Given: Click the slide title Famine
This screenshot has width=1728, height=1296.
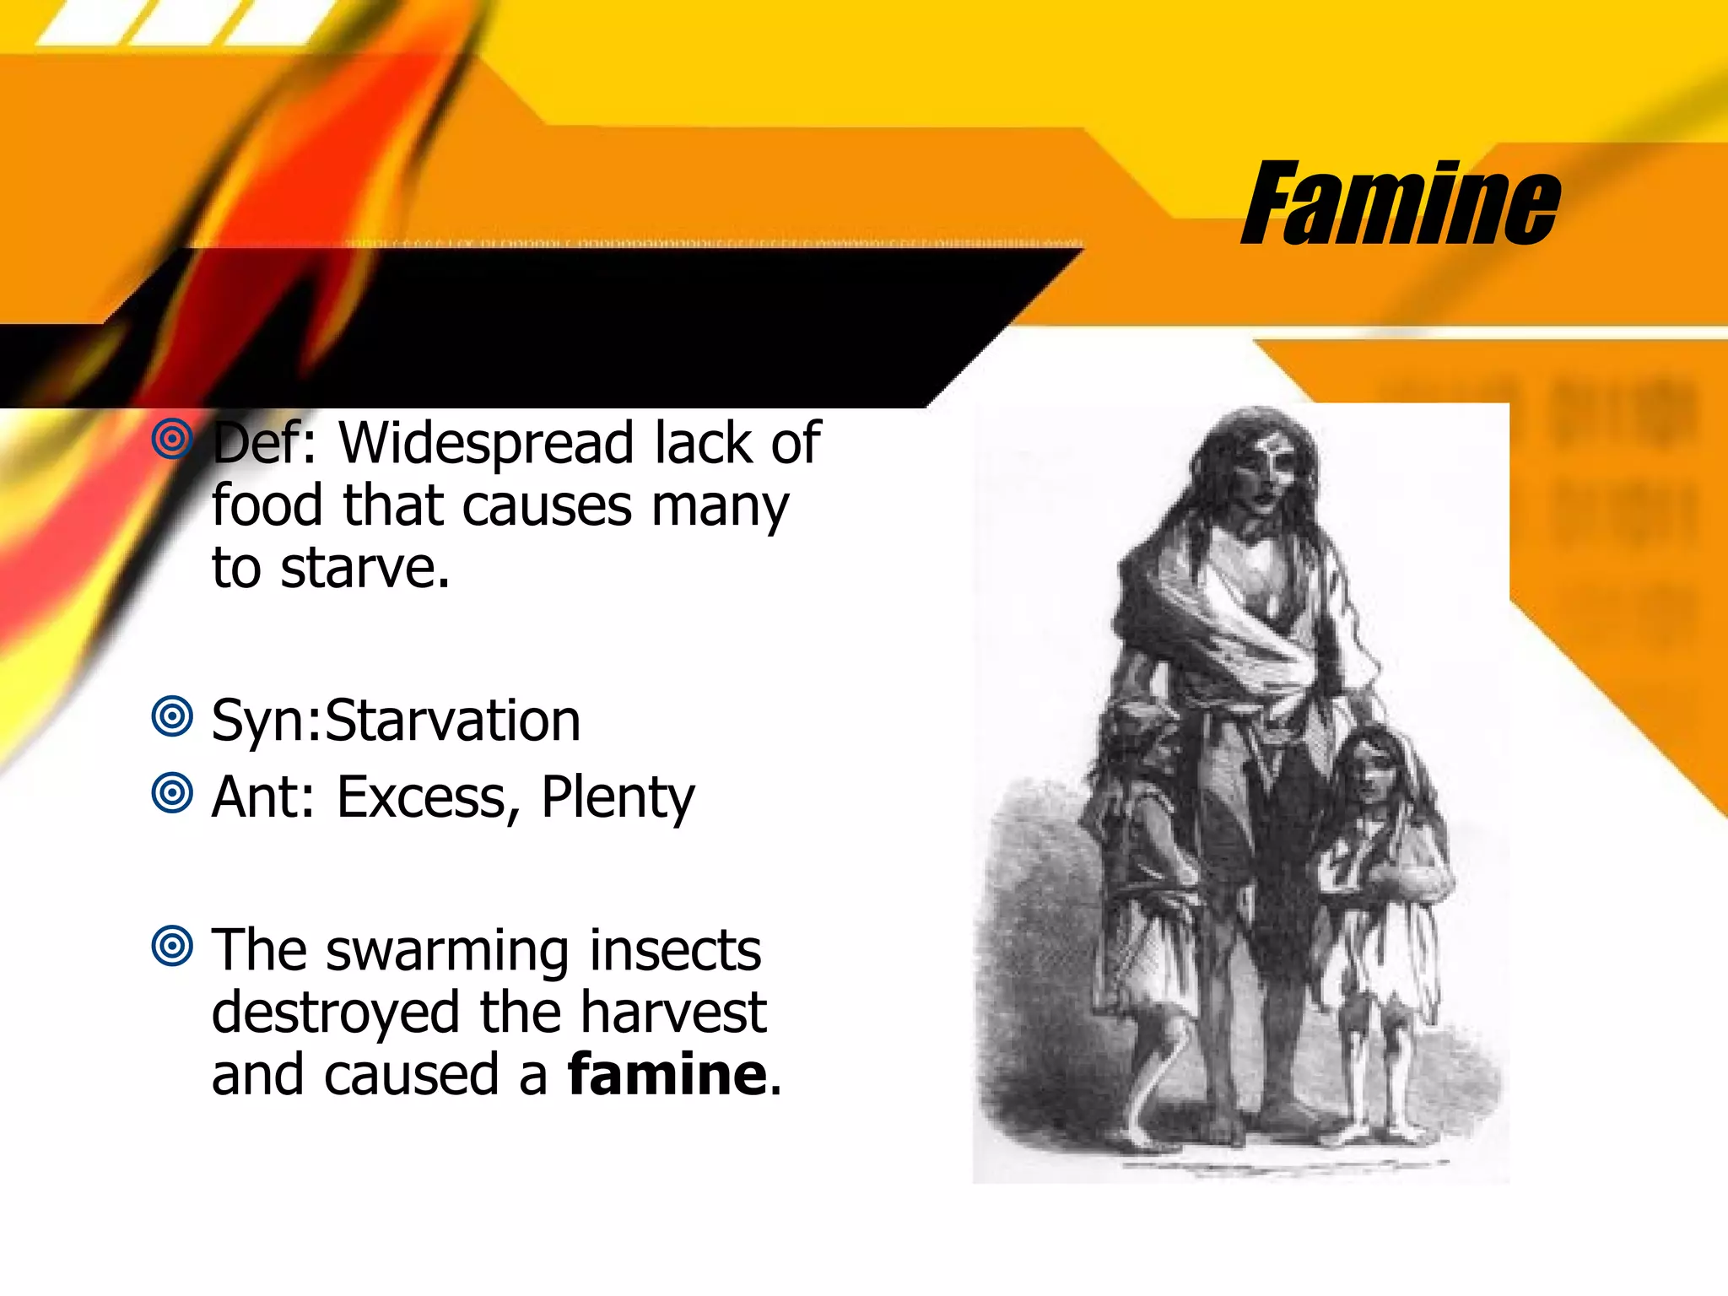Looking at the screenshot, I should tap(1401, 204).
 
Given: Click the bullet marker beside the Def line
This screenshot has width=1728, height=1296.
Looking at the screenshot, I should tap(173, 439).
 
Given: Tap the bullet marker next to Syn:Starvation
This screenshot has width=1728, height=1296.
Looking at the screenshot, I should tap(173, 716).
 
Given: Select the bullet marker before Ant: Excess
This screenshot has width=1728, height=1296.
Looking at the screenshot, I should tap(173, 793).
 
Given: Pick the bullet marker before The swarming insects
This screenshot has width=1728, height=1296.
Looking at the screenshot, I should tap(173, 946).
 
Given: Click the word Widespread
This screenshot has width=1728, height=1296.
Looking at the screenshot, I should tap(486, 443).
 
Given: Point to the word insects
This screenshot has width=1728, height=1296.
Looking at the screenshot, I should tap(675, 950).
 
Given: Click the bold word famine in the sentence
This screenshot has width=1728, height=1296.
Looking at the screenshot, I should tap(667, 1075).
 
